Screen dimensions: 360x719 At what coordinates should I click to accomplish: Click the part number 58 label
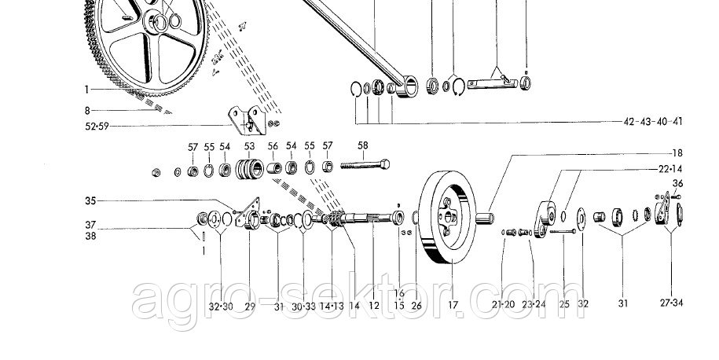click(x=363, y=145)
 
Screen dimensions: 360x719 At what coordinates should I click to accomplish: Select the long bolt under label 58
click(x=365, y=166)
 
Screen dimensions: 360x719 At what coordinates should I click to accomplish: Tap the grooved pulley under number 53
click(x=249, y=169)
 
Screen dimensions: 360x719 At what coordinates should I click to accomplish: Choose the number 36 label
click(x=679, y=184)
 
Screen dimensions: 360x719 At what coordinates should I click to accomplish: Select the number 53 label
click(x=249, y=146)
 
